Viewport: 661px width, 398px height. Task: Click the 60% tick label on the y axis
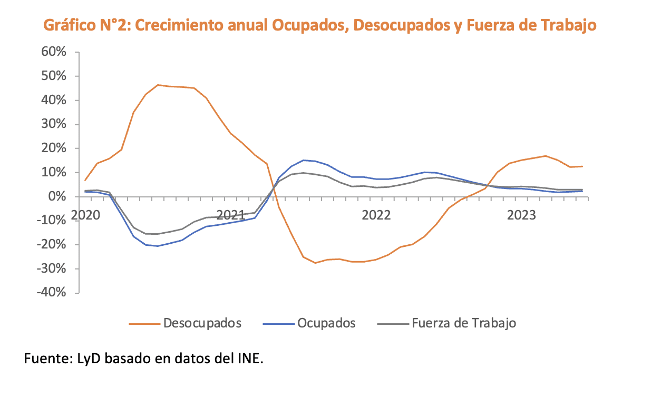tap(51, 52)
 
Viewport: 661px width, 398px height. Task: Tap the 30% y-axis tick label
tap(51, 124)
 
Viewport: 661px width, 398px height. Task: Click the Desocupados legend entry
tap(202, 323)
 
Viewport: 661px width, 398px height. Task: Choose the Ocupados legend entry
tap(326, 323)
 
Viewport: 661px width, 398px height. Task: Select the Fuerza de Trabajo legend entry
tap(463, 323)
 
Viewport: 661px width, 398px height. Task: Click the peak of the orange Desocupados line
tap(158, 85)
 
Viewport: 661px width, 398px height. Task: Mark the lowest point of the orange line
tap(315, 263)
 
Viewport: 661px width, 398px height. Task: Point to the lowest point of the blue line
tap(158, 246)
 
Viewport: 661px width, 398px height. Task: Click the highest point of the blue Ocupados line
tap(303, 160)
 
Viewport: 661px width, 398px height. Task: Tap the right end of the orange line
tap(582, 166)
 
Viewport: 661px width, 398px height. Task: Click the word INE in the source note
tap(250, 359)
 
